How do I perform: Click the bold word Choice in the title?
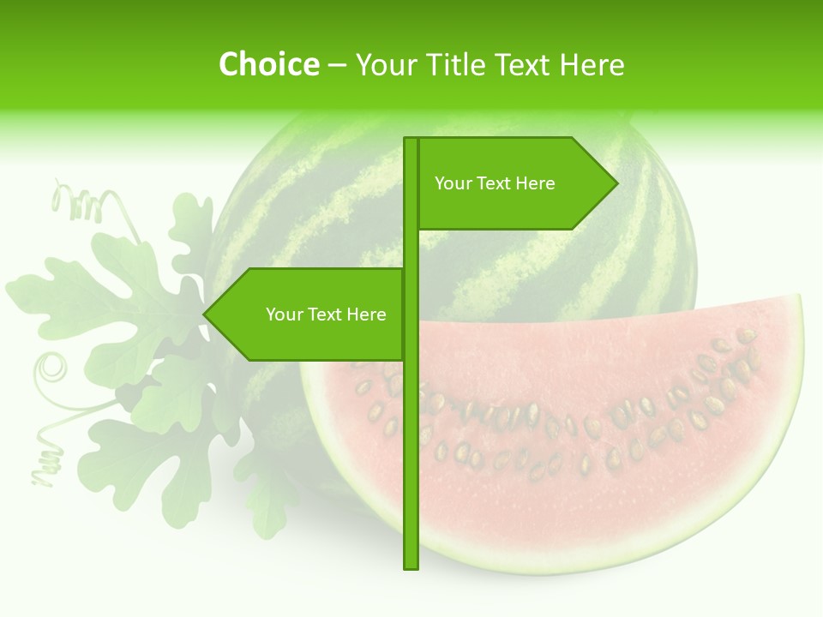click(268, 64)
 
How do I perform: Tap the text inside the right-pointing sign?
click(495, 183)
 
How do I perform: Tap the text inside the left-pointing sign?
click(326, 314)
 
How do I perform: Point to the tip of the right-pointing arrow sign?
click(616, 183)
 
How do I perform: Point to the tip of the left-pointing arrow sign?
click(205, 314)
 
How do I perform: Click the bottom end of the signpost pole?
click(411, 566)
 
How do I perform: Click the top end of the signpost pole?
click(411, 140)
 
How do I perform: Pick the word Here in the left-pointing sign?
click(366, 314)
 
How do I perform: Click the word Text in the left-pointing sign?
click(325, 314)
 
